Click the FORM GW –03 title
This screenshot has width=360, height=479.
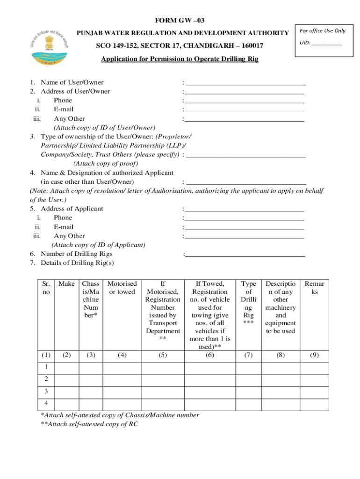(180, 20)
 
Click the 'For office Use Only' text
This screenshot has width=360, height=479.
(322, 31)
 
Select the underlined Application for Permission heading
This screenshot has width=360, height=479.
(180, 59)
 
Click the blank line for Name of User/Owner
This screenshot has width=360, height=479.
(245, 82)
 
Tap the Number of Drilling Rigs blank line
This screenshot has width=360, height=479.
(245, 254)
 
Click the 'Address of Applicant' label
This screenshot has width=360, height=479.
(72, 209)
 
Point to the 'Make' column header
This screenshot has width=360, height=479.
(67, 283)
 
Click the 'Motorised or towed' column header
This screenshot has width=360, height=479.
(122, 287)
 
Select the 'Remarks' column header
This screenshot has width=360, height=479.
(314, 287)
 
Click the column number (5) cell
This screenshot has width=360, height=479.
(162, 355)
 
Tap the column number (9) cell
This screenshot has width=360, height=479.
(314, 355)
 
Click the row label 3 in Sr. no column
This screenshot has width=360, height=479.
(46, 391)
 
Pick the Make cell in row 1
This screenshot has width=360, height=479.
(67, 368)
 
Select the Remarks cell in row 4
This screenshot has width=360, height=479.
(314, 403)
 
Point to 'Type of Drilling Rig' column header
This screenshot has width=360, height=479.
(248, 303)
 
